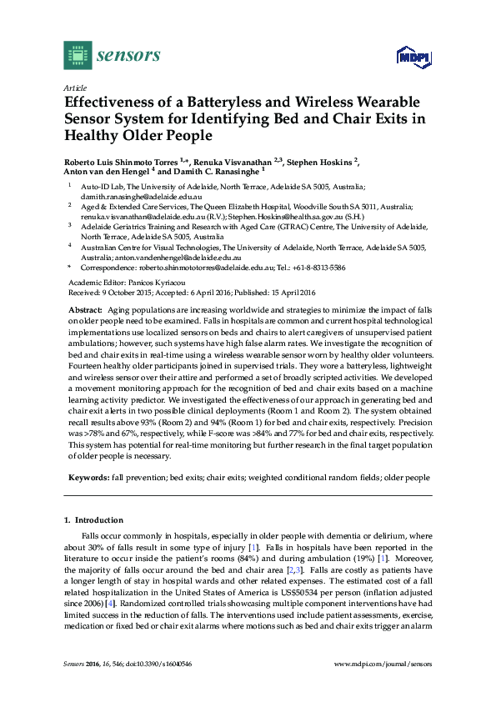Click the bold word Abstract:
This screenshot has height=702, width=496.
click(x=84, y=309)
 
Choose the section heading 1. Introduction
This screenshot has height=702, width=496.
click(x=94, y=519)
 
